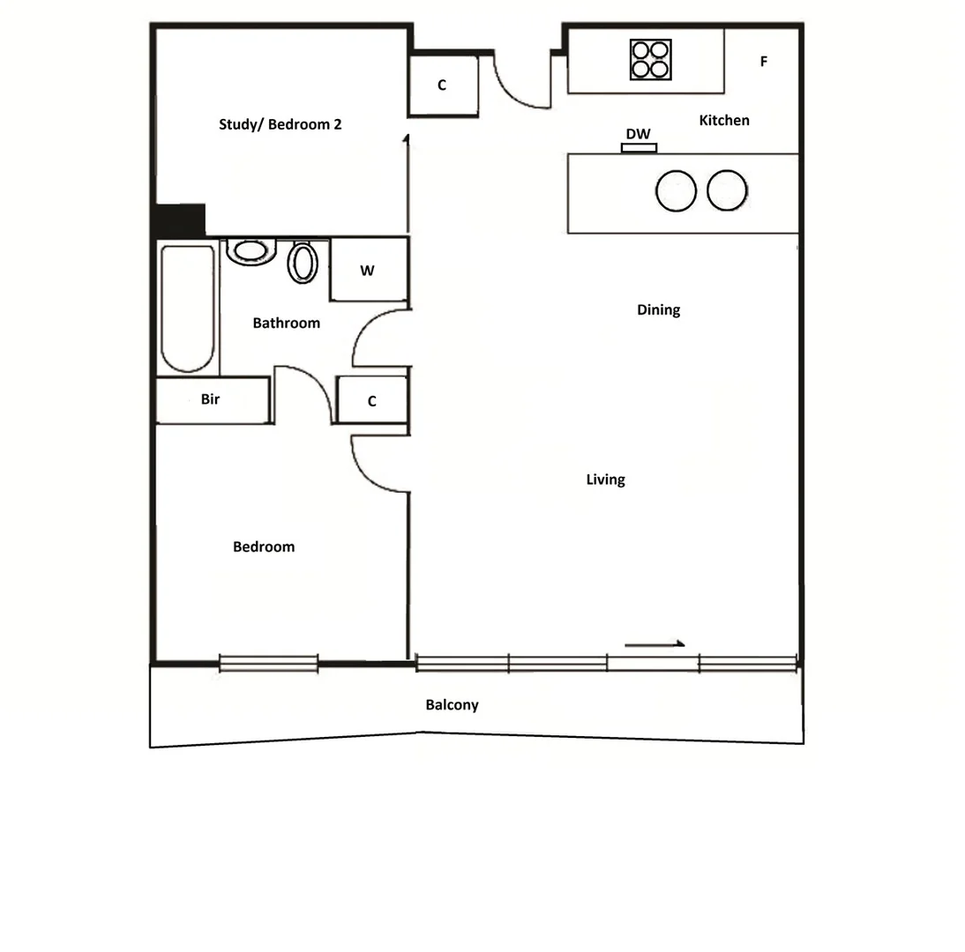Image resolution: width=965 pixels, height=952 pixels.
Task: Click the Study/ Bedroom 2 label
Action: [280, 124]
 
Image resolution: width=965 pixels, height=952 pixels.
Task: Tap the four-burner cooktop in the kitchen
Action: [650, 60]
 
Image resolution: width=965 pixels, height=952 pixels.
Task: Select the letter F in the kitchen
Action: [764, 62]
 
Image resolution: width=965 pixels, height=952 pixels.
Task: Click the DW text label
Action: [638, 134]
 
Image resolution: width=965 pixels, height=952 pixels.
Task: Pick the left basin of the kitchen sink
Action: [677, 190]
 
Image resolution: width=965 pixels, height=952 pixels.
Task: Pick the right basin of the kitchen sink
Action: [728, 190]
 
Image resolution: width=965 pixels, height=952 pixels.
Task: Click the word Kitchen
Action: [724, 120]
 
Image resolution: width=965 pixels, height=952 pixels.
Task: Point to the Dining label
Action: [658, 310]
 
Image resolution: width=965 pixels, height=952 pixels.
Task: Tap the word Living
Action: [605, 480]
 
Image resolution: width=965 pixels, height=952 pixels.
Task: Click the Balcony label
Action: [452, 705]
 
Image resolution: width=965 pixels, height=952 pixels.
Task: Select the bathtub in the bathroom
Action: [187, 309]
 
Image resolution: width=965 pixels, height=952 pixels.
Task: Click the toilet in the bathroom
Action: [303, 262]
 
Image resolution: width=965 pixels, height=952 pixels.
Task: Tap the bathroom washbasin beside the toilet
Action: [251, 251]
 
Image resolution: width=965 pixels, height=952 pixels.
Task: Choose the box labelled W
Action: [368, 271]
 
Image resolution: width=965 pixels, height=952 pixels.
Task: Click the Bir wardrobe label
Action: [211, 400]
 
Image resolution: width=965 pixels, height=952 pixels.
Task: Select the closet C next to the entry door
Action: [443, 86]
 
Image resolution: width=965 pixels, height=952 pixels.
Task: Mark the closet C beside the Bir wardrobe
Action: [372, 401]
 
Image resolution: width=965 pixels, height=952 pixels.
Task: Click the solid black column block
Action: [180, 220]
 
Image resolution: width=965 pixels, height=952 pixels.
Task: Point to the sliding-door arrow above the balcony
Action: [655, 644]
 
